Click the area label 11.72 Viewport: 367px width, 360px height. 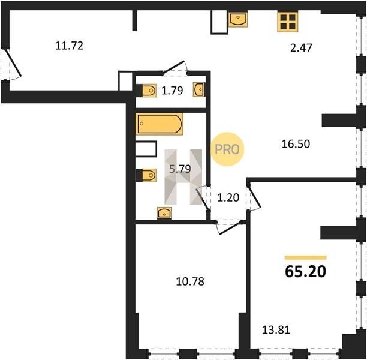tap(70, 46)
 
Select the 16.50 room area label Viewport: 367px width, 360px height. tap(296, 144)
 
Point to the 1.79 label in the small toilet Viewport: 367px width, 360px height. tap(172, 91)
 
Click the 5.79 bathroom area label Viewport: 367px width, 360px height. tap(180, 169)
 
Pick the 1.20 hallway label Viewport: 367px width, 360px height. tap(228, 197)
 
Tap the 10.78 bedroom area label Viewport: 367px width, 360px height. tap(190, 281)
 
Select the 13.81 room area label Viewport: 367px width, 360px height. tap(276, 330)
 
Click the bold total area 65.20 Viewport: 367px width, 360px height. tap(305, 272)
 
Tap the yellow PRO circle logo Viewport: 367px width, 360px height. tap(227, 149)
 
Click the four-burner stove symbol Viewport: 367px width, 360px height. tap(288, 22)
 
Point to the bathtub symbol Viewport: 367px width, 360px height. tap(159, 124)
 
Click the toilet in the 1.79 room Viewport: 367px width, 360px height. tap(147, 91)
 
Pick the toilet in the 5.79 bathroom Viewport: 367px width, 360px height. tap(146, 175)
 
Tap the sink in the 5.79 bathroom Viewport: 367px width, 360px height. tap(164, 213)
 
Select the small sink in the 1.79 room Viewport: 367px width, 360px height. tap(198, 89)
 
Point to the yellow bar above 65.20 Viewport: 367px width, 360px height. tap(305, 258)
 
